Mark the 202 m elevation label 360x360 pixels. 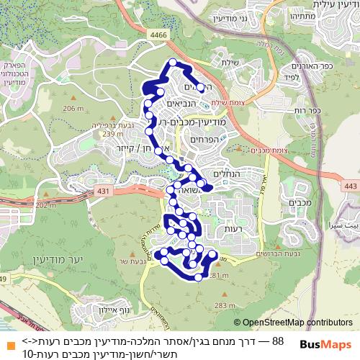point(45,205)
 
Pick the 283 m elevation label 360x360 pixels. point(225,305)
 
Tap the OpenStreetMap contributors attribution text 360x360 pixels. point(297,323)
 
